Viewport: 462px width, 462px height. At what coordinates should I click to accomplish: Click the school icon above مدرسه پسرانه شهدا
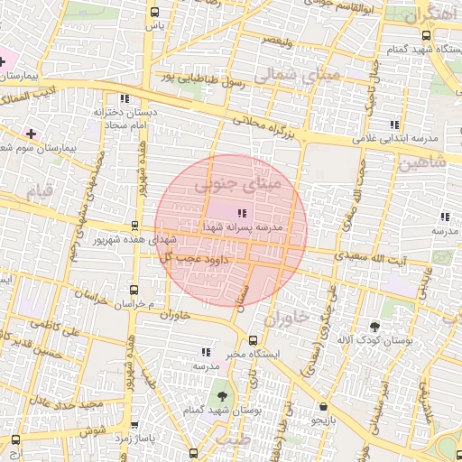(x=240, y=213)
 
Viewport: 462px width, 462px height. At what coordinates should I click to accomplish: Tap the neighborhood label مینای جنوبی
(x=236, y=187)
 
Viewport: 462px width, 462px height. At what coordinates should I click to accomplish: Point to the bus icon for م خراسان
(x=134, y=290)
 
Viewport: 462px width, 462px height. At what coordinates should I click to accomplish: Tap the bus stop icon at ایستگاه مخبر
(x=252, y=340)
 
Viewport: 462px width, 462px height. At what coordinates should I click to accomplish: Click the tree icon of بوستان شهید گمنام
(x=218, y=395)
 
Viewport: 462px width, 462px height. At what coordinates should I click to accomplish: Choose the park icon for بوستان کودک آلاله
(x=374, y=325)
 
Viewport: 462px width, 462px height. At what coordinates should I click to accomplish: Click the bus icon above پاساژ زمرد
(x=134, y=425)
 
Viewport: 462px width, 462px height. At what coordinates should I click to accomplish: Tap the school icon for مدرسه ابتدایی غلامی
(x=393, y=125)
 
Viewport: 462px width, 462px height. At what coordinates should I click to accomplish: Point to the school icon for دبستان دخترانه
(x=124, y=98)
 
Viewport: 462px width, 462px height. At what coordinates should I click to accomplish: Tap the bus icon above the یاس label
(x=155, y=13)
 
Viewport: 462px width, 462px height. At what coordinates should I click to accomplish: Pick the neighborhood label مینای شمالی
(x=298, y=77)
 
